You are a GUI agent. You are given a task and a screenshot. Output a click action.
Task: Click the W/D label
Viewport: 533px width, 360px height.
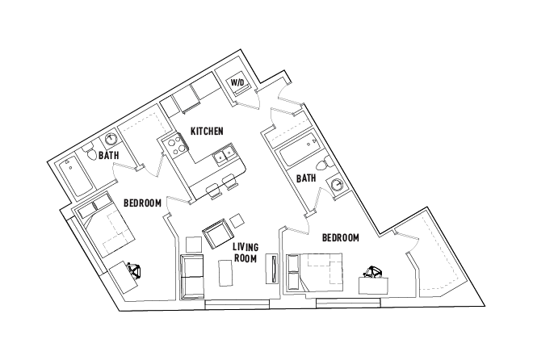(238, 83)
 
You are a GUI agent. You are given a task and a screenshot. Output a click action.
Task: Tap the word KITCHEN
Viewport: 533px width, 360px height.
(207, 131)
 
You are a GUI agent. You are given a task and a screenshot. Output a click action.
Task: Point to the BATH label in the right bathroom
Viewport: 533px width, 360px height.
(305, 178)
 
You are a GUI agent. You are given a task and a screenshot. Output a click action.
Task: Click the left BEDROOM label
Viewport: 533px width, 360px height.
(143, 202)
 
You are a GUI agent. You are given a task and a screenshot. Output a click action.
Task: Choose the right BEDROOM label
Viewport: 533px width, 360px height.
(341, 237)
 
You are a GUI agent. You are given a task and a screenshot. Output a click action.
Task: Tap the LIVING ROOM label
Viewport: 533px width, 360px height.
(245, 253)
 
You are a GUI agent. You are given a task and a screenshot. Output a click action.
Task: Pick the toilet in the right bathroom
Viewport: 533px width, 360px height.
(323, 166)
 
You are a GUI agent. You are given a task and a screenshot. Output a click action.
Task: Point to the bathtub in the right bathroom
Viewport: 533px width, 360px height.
(294, 153)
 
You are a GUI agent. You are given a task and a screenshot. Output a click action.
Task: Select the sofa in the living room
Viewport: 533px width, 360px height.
(191, 276)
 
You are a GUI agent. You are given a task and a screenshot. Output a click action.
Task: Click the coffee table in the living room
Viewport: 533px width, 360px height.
(227, 274)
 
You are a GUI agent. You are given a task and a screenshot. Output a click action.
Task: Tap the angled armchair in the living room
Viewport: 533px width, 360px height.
(216, 236)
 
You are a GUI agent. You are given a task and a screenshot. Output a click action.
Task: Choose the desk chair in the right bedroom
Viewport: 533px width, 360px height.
(373, 272)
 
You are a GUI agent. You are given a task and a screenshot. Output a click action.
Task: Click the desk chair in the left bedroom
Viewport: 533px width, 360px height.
(133, 270)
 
